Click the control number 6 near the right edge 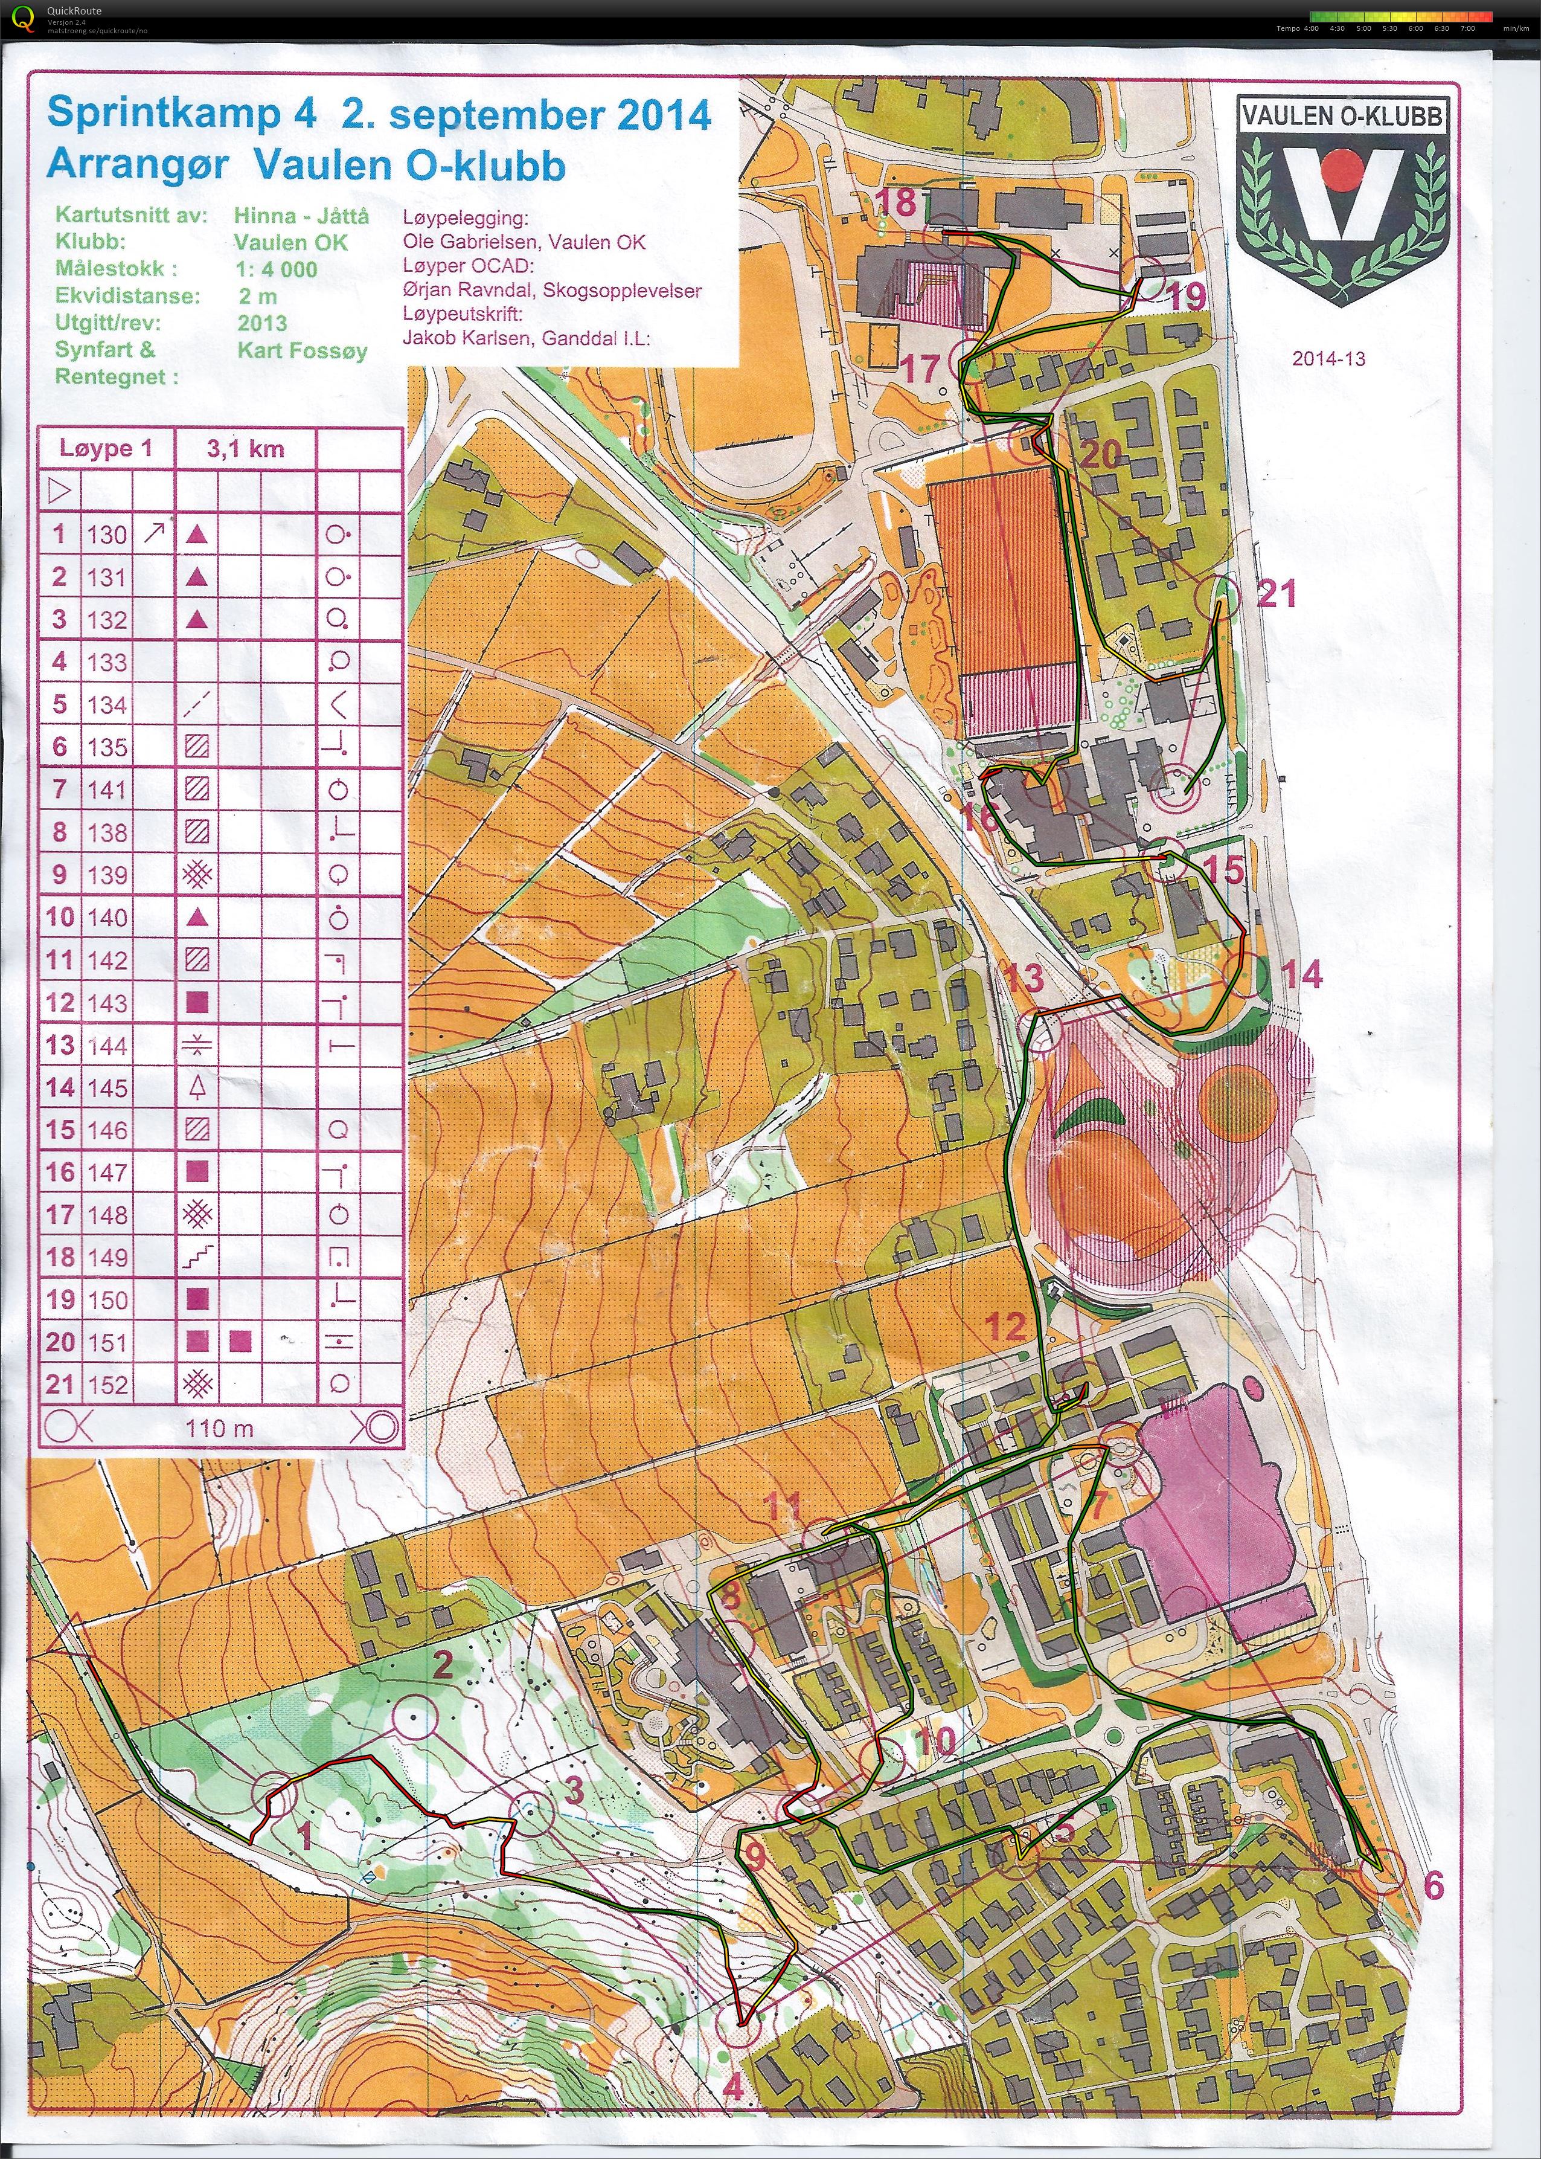[1433, 1884]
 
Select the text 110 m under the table [219, 1427]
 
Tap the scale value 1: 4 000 [276, 269]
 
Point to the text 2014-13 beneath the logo [1327, 359]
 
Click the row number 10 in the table [59, 917]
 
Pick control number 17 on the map [918, 368]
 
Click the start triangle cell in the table [59, 492]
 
